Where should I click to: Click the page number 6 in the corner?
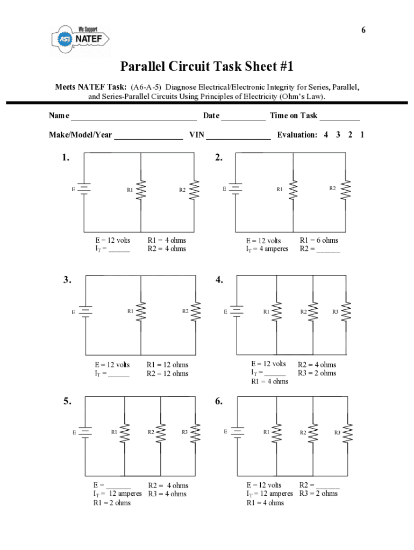click(363, 30)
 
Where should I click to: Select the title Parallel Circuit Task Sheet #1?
click(207, 67)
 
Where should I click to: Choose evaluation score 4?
click(326, 135)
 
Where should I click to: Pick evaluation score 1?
click(362, 135)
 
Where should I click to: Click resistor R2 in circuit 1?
click(195, 190)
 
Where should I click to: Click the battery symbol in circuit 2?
click(235, 189)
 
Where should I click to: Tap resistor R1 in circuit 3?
click(141, 312)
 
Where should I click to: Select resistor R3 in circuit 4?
click(347, 312)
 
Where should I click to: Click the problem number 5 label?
click(66, 401)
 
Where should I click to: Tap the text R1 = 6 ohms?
click(319, 240)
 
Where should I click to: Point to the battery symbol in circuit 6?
click(237, 432)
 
